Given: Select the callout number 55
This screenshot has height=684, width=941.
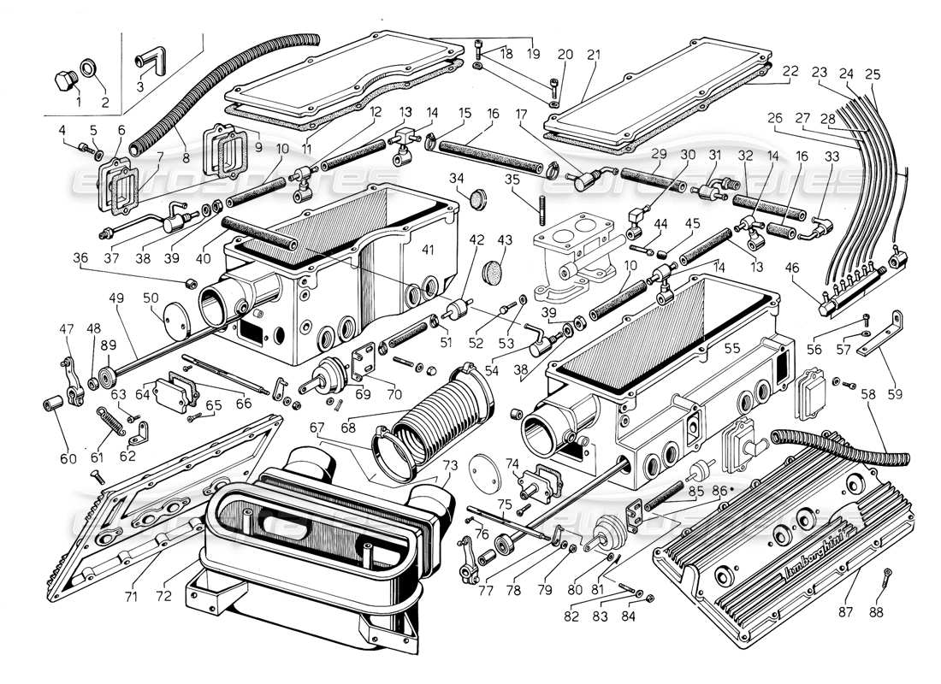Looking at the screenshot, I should pos(732,349).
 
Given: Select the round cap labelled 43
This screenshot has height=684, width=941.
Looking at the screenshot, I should pos(494,270).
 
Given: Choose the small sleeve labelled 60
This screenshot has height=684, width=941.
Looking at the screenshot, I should pos(50,402).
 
